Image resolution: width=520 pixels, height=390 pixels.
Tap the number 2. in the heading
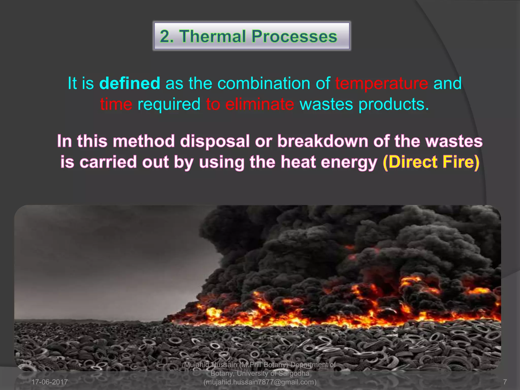click(167, 36)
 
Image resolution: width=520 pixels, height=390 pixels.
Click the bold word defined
click(129, 83)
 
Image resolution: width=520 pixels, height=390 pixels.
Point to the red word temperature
click(381, 83)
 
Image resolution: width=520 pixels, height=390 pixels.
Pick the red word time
click(116, 104)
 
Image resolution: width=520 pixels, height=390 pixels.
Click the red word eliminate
click(259, 104)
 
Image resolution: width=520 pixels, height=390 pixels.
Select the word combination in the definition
click(264, 83)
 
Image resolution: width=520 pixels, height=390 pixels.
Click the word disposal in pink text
click(215, 141)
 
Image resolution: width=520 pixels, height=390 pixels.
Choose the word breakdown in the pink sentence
click(322, 141)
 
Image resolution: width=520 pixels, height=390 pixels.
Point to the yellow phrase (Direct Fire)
click(431, 162)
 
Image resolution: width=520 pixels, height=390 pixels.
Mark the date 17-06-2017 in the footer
click(50, 382)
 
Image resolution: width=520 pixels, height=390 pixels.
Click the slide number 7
click(505, 382)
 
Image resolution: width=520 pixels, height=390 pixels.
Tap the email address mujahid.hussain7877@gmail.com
click(260, 382)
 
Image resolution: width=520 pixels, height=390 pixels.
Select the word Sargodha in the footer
click(294, 373)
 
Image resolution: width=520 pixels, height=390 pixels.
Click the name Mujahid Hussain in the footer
click(210, 365)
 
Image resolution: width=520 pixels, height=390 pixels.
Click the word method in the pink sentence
click(144, 141)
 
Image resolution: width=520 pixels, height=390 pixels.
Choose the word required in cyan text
click(169, 104)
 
